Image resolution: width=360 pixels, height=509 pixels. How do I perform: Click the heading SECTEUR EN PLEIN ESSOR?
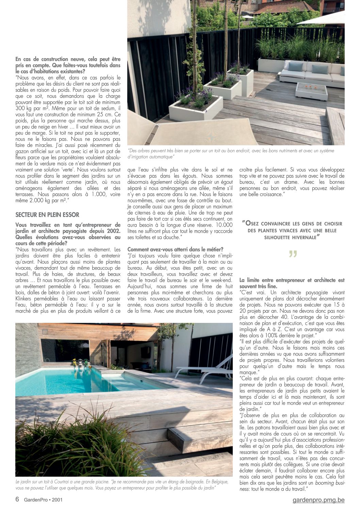tap(47, 215)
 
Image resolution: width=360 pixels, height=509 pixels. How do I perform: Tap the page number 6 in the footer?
tap(17, 499)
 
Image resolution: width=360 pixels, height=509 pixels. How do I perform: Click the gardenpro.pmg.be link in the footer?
tap(318, 500)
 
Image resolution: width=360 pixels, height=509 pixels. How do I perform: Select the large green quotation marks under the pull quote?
tap(293, 254)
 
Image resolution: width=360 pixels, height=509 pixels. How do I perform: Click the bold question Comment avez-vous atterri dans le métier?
tap(175, 249)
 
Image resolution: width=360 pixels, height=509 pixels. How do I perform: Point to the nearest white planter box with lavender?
tap(196, 107)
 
